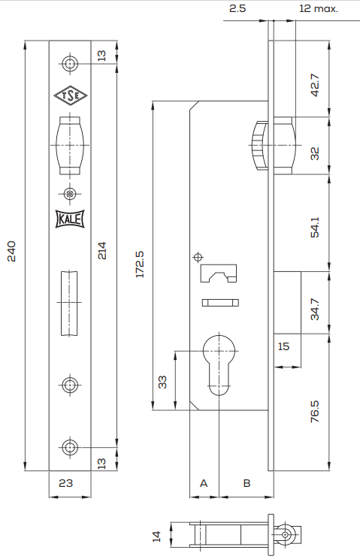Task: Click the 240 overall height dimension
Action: [x=12, y=252]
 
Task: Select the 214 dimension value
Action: [x=102, y=251]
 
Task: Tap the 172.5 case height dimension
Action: [x=140, y=264]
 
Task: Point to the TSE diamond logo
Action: [x=70, y=95]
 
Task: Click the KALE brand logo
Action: [x=70, y=219]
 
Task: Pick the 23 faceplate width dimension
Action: [x=66, y=483]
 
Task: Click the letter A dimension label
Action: [x=204, y=483]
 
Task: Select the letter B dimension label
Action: [x=247, y=483]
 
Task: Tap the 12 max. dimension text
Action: [x=319, y=8]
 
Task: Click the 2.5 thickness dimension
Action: [x=237, y=8]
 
